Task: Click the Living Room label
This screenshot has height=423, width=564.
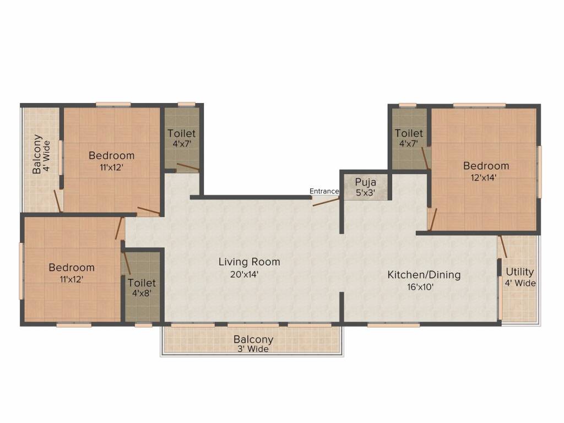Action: point(249,262)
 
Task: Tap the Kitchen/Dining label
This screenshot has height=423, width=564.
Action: point(424,274)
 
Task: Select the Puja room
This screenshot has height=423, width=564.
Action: point(365,187)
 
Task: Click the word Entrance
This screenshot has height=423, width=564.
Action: point(324,191)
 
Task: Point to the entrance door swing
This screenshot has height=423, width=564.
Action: point(326,202)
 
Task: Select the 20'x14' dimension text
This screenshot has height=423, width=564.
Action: point(245,274)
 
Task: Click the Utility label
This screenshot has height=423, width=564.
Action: point(520,272)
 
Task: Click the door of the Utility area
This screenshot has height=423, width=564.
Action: point(503,246)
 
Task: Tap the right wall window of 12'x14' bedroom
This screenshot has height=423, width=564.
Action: point(539,171)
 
